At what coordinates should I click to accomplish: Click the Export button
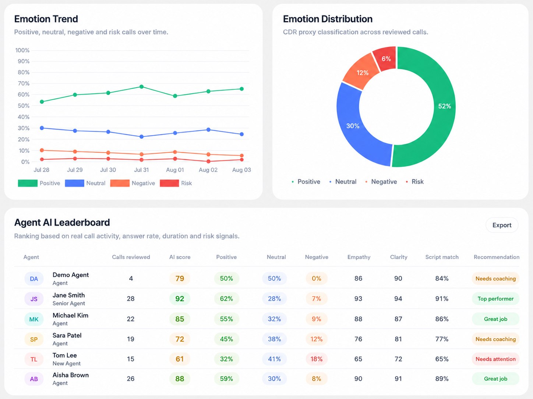pos(502,225)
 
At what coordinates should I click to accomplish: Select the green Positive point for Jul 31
pos(142,87)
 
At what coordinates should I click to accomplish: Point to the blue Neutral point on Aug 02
pos(208,130)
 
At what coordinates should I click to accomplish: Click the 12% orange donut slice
pos(362,72)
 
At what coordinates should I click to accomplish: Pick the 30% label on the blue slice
pos(353,126)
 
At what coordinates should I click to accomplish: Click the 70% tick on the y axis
pos(24,83)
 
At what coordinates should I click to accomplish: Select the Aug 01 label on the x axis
pos(175,170)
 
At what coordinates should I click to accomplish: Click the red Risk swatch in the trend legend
pos(169,183)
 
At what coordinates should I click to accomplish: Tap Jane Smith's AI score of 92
pos(180,299)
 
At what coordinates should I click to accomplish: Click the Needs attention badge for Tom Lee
pos(495,359)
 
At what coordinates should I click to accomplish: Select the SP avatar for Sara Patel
pos(34,339)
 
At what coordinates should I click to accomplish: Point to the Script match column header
pos(442,257)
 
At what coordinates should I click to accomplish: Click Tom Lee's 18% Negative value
pos(317,359)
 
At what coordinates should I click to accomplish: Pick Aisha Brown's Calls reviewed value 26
pos(131,379)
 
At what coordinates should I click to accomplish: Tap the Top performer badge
pos(495,299)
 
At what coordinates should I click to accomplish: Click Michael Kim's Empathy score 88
pos(359,319)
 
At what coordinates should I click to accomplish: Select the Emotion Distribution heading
pos(328,19)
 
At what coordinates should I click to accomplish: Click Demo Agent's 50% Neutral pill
pos(274,278)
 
